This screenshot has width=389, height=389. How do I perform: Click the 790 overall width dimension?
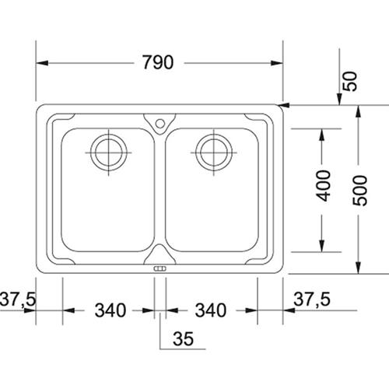158,62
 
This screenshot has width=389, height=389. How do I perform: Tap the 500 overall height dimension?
360,191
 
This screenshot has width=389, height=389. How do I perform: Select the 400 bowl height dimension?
324,186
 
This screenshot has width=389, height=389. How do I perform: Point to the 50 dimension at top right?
350,81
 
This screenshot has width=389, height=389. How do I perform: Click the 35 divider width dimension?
184,338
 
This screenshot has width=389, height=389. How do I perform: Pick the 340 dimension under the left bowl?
110,310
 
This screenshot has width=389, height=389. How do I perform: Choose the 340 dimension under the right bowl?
211,310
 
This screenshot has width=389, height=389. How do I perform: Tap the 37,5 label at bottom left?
18,299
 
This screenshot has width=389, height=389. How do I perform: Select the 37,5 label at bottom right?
312,299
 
